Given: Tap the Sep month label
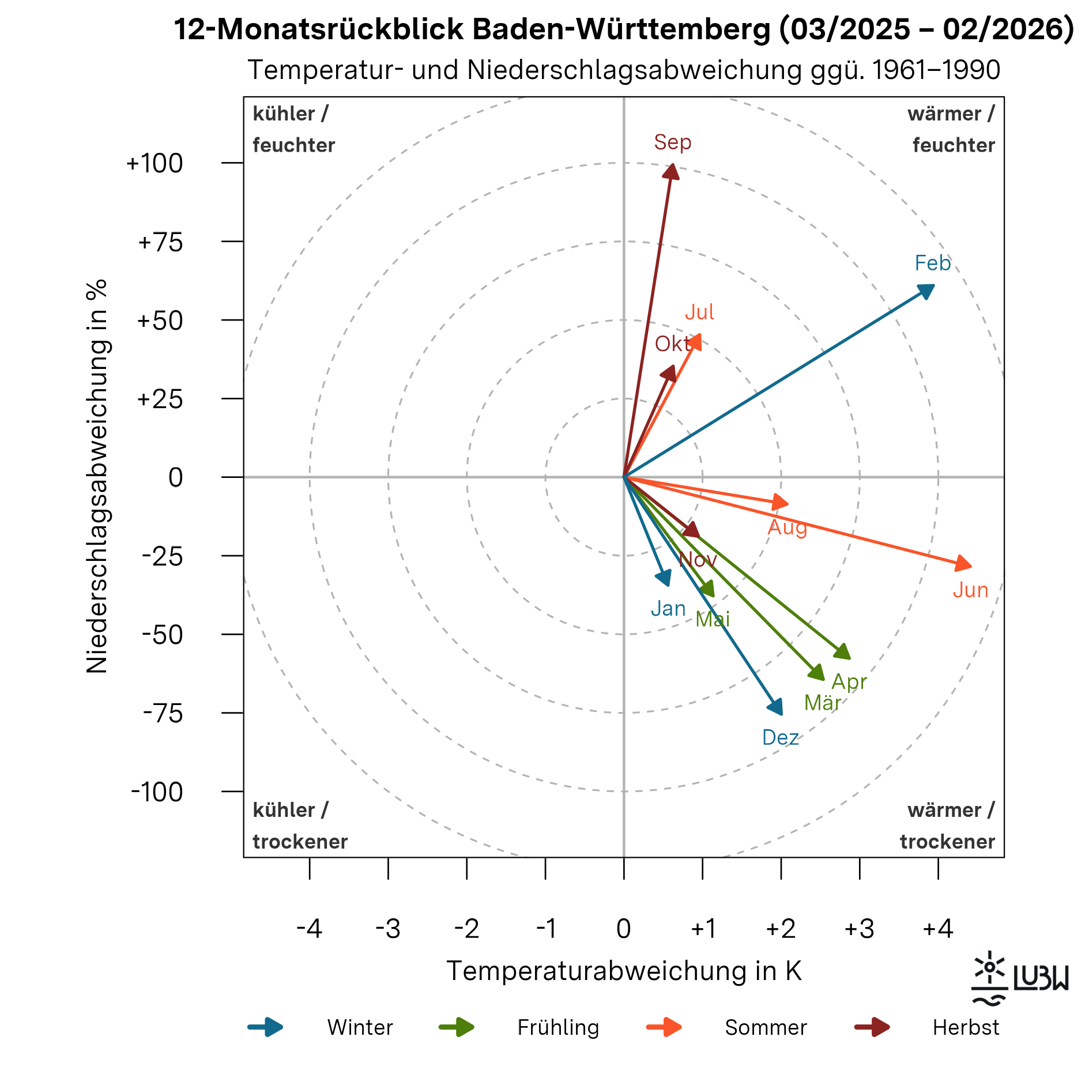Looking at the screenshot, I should (672, 142).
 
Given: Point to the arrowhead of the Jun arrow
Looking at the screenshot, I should (963, 564).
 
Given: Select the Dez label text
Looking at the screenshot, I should (780, 738).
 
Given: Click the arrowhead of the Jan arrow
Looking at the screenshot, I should (665, 578).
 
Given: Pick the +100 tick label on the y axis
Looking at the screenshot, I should (155, 164).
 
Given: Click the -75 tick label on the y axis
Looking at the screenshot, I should (163, 714).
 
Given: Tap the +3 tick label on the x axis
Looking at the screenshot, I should (859, 929).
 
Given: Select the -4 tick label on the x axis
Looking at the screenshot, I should (309, 929).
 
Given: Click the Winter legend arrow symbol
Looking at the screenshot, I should (266, 1027).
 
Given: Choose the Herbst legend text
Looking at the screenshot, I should (966, 1028).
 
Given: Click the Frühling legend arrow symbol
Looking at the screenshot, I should (457, 1027).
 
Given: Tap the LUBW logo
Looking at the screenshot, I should (1019, 979).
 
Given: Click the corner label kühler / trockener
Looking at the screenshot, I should (300, 826).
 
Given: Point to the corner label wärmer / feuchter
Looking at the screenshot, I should (951, 130).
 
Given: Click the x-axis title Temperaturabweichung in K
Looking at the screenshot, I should (624, 971).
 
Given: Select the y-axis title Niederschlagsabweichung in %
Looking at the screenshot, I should (97, 476).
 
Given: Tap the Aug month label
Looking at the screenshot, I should (787, 527).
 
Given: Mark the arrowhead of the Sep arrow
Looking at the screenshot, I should (672, 171).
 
